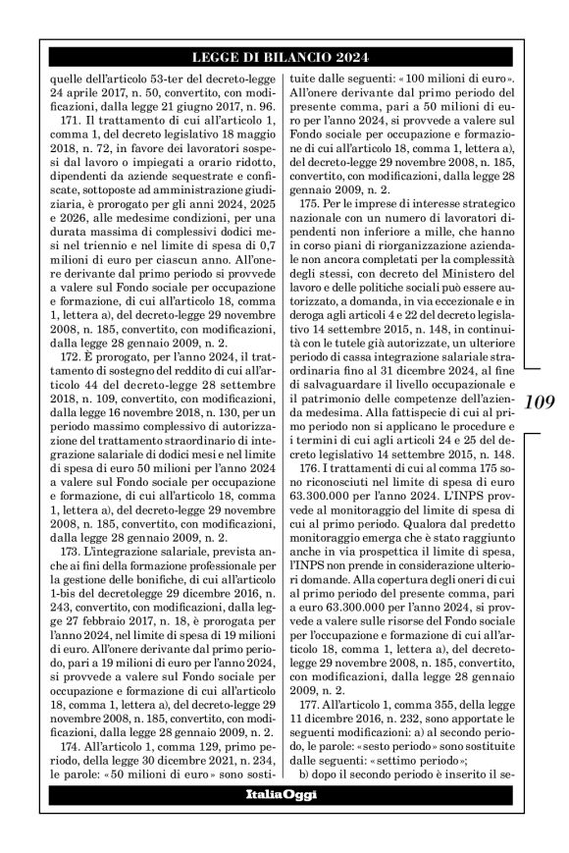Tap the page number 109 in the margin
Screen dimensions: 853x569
click(539, 401)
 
